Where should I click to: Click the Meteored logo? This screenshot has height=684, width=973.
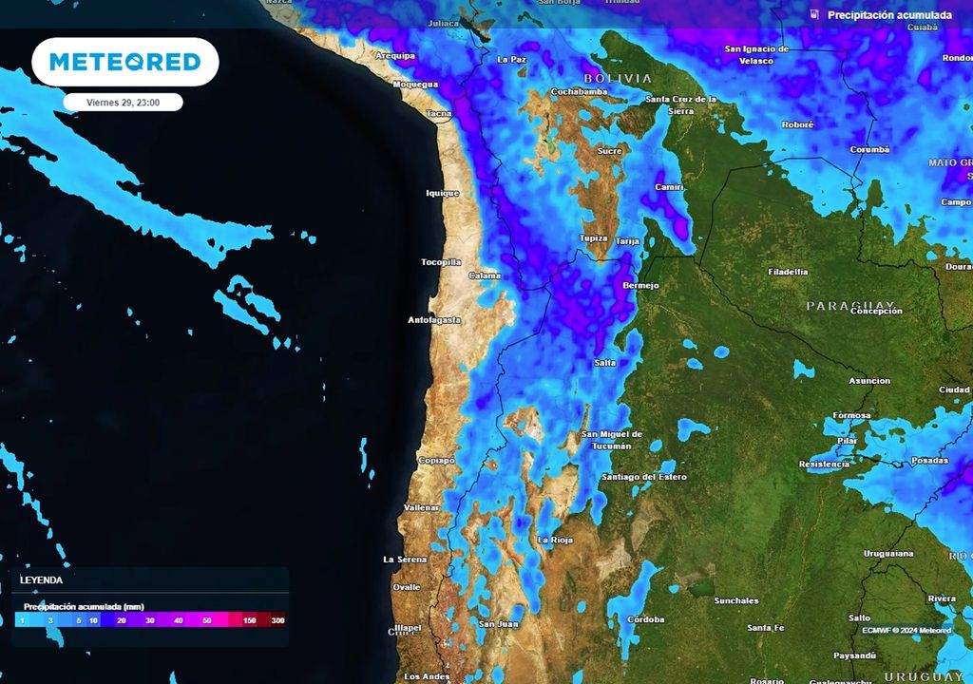pyautogui.click(x=124, y=63)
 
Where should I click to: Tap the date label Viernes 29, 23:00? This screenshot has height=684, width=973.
pyautogui.click(x=124, y=103)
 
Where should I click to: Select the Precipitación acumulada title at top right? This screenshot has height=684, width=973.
pyautogui.click(x=889, y=15)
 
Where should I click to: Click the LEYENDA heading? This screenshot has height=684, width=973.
pyautogui.click(x=42, y=579)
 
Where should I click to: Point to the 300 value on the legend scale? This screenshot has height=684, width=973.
pyautogui.click(x=277, y=620)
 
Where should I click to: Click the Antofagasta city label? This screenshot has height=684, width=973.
pyautogui.click(x=434, y=320)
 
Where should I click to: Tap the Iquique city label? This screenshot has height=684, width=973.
pyautogui.click(x=442, y=193)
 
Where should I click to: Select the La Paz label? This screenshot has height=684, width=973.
pyautogui.click(x=511, y=59)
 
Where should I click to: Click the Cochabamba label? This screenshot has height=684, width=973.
pyautogui.click(x=579, y=92)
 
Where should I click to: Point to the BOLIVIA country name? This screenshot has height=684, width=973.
pyautogui.click(x=618, y=78)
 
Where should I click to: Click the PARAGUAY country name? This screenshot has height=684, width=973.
pyautogui.click(x=852, y=306)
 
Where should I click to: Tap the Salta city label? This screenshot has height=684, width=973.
pyautogui.click(x=604, y=363)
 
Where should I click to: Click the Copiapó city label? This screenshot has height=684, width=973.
pyautogui.click(x=437, y=461)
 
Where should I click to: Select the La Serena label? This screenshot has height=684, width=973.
pyautogui.click(x=405, y=560)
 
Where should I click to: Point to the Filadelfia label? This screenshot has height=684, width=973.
pyautogui.click(x=788, y=272)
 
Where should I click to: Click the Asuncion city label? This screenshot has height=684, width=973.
pyautogui.click(x=869, y=381)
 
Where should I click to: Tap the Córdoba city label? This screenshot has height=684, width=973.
pyautogui.click(x=647, y=619)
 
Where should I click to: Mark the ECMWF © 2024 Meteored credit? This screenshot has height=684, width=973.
pyautogui.click(x=906, y=630)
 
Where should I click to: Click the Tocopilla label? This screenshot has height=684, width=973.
pyautogui.click(x=441, y=262)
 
